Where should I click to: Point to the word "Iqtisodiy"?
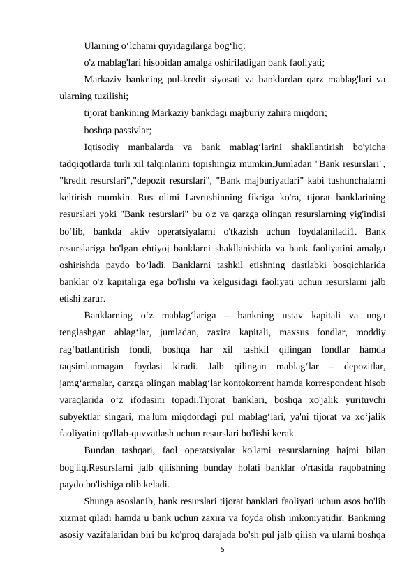coord(103,147)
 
